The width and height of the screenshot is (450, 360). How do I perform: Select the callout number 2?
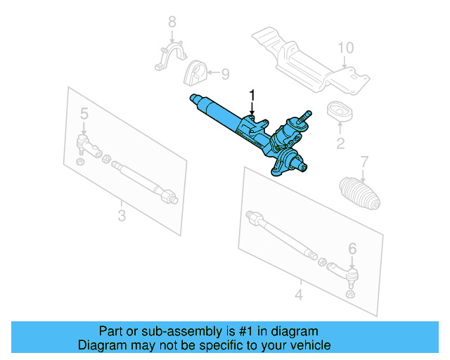(340, 145)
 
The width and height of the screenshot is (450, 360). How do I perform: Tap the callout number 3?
(121, 215)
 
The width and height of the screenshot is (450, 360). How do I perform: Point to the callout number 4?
(298, 295)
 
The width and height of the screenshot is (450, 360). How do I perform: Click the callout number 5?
(84, 114)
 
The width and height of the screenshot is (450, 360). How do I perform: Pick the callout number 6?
(352, 247)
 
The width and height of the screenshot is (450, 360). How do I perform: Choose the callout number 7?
(364, 162)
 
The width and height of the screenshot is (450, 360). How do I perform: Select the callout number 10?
(345, 48)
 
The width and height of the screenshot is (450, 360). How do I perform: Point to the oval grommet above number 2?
(340, 112)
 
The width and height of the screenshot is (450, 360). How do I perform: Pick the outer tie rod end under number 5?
(85, 148)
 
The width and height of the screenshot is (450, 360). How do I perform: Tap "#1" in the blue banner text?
(240, 331)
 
